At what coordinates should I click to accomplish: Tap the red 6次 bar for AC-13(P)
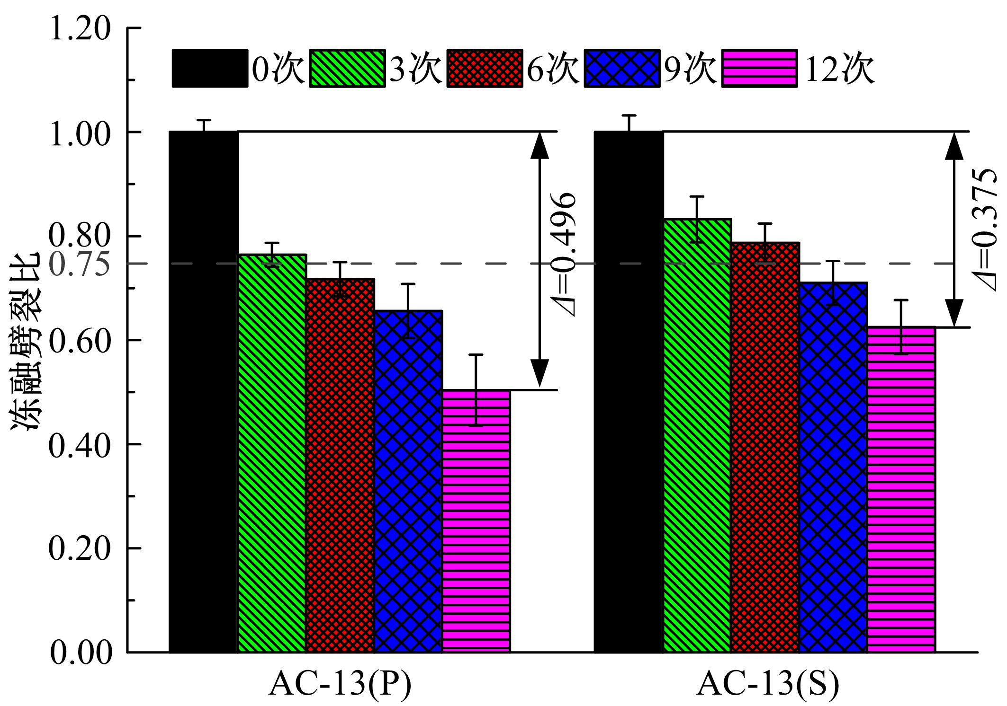click(340, 466)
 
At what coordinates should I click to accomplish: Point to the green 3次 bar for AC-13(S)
click(697, 436)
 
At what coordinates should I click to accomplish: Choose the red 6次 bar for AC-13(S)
click(765, 448)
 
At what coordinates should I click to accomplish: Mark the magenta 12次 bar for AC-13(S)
click(901, 490)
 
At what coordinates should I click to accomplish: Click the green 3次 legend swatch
click(347, 68)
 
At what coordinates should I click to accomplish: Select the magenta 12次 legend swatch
click(759, 68)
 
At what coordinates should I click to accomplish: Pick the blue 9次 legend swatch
click(622, 68)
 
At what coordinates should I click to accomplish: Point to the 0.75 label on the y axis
click(80, 264)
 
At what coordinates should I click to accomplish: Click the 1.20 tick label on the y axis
click(80, 28)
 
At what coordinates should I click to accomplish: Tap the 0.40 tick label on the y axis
click(80, 445)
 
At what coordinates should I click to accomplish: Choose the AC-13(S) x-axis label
click(767, 683)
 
